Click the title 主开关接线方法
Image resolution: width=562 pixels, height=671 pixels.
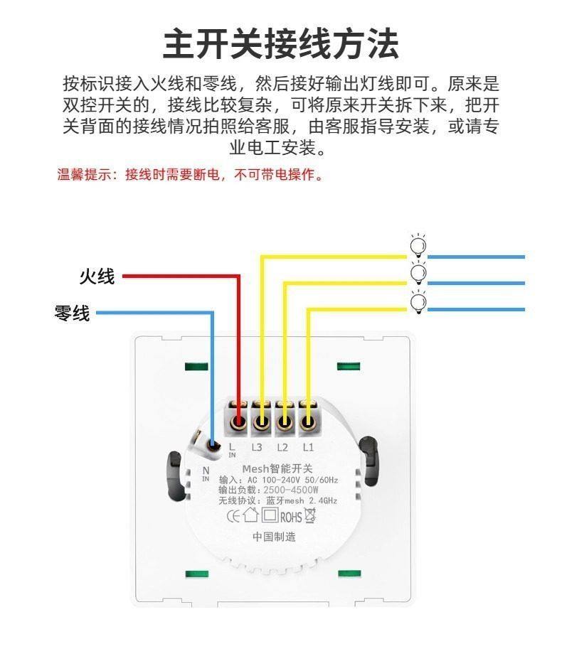coord(281,43)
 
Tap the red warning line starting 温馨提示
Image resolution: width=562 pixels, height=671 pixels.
coord(191,175)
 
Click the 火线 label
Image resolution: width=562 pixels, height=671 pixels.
coord(97,277)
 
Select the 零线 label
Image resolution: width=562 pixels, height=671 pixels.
coord(73,313)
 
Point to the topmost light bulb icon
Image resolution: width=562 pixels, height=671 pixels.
coord(418,246)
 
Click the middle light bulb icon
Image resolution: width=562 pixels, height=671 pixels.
coord(418,273)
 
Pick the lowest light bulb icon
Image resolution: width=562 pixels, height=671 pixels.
coord(418,301)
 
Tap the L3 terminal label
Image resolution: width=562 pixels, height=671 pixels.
coord(258,448)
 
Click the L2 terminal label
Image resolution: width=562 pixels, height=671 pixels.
coord(282,448)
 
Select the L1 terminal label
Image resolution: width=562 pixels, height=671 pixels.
coord(308,448)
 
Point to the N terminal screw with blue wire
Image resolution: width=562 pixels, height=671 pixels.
coord(212,446)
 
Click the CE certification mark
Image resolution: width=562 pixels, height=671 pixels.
coord(233,516)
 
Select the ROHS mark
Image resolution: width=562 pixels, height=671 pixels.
coord(291,517)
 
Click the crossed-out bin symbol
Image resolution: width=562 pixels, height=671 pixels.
coord(310,515)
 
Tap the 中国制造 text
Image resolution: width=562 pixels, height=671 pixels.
coord(274,537)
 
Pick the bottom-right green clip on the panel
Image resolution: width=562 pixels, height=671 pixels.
coord(349,574)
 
